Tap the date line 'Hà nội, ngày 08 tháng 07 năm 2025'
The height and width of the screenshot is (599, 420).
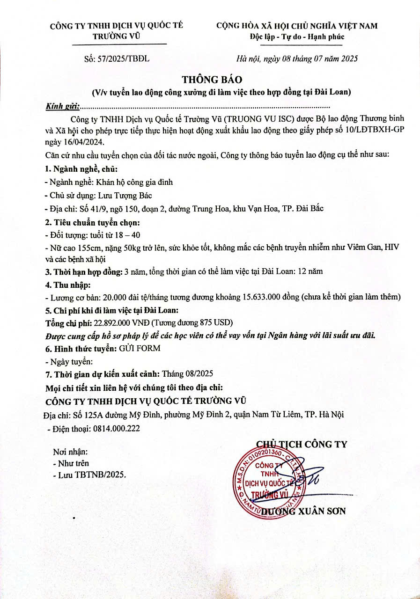click(297, 59)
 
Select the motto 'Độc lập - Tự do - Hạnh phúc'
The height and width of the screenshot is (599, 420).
click(297, 37)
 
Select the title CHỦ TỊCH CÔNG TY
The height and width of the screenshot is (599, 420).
click(302, 444)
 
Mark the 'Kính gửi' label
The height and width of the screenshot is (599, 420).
click(63, 106)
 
